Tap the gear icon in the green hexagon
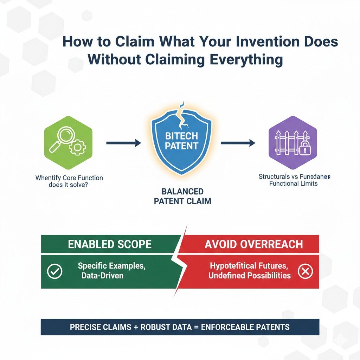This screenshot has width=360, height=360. pyautogui.click(x=76, y=149)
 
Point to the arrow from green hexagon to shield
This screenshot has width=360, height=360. pyautogui.click(x=123, y=143)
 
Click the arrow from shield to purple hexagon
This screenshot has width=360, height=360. pyautogui.click(x=238, y=143)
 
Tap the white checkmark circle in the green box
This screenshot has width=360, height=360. pyautogui.click(x=55, y=271)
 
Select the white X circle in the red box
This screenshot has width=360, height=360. pyautogui.click(x=305, y=271)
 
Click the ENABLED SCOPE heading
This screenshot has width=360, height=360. pyautogui.click(x=110, y=244)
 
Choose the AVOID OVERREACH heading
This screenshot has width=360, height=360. pyautogui.click(x=253, y=244)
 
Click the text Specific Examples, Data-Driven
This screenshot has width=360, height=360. pyautogui.click(x=111, y=271)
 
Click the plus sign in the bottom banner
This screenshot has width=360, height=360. pyautogui.click(x=135, y=327)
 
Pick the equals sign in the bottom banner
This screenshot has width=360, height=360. pyautogui.click(x=195, y=327)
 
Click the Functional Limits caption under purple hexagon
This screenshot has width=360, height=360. pyautogui.click(x=293, y=184)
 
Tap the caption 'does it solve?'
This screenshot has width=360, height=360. pyautogui.click(x=69, y=185)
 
